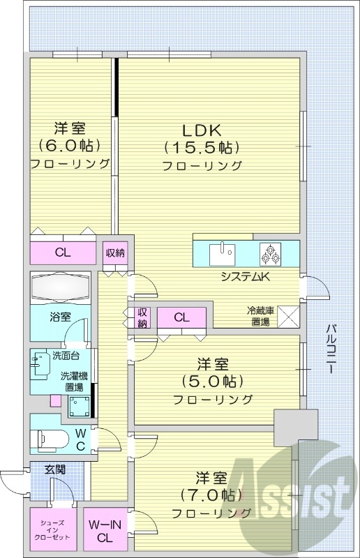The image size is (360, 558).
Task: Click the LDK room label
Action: tap(202, 130)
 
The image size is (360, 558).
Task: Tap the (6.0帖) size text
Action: tap(69, 145)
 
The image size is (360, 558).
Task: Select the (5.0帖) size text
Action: tap(213, 382)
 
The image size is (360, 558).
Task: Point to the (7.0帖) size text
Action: tap(211, 495)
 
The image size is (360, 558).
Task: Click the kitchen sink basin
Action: tap(222, 254)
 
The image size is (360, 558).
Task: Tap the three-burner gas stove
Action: tap(270, 254)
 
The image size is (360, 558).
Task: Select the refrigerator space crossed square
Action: tap(288, 316)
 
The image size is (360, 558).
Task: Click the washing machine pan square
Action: tap(80, 406)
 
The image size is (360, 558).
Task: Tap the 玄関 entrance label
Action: tap(55, 469)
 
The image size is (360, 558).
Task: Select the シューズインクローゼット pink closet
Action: tap(54, 528)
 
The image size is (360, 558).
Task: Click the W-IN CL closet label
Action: tap(105, 531)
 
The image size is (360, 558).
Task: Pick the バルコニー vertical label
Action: tap(331, 348)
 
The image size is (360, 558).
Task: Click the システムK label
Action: tap(246, 276)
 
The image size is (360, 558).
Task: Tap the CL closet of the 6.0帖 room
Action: tap(63, 252)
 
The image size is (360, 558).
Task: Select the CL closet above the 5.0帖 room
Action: tap(181, 317)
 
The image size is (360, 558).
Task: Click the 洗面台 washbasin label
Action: tap(66, 355)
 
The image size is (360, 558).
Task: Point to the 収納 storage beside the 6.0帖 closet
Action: tap(115, 253)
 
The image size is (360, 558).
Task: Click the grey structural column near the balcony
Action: tap(296, 427)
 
